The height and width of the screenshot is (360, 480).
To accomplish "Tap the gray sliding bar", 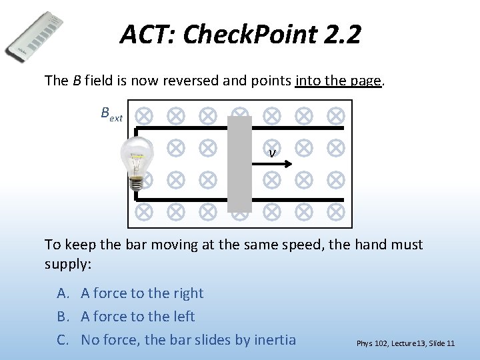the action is (x=239, y=164).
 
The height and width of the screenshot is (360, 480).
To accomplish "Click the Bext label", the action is (x=111, y=114).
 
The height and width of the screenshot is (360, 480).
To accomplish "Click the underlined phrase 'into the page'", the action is (x=338, y=81).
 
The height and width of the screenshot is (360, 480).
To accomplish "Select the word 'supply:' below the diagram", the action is (x=68, y=263).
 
